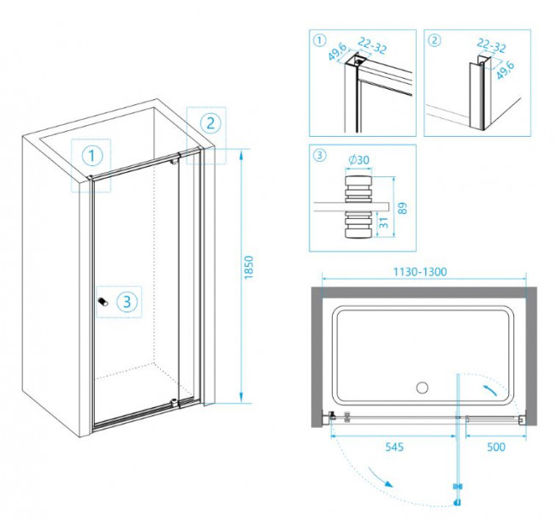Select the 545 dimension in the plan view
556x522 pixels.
394,446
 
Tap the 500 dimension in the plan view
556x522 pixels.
495,446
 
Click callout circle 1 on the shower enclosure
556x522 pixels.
92,156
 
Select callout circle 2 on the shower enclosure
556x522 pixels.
209,122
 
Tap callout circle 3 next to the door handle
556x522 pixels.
126,301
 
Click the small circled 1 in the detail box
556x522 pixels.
318,39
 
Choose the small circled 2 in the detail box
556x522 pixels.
435,39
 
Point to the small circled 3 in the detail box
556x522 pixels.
318,155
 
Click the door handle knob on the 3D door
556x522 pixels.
102,301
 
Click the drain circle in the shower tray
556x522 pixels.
422,388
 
